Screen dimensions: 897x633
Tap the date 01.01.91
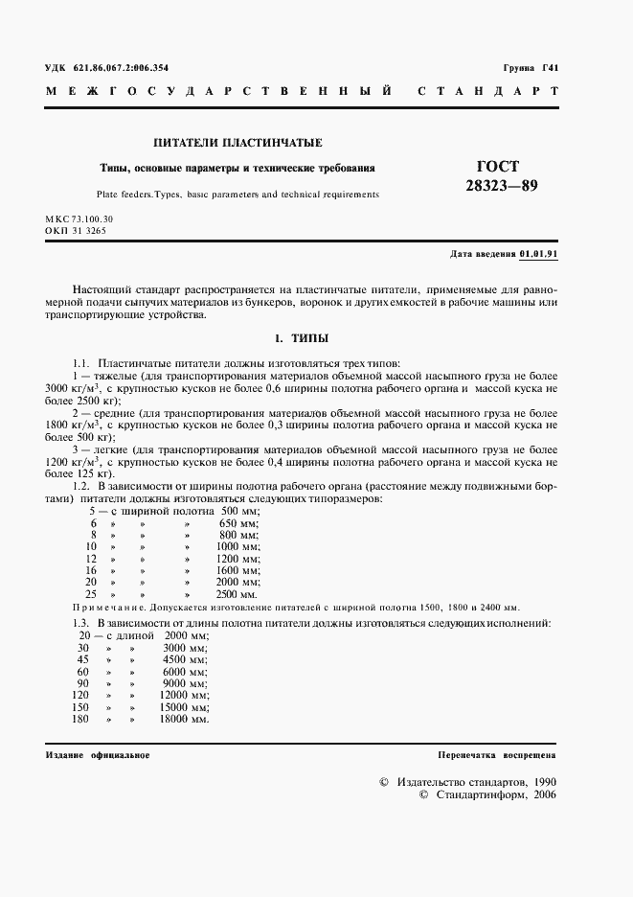(x=539, y=254)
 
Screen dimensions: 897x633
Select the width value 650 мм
(x=239, y=523)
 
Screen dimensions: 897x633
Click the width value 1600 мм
(x=237, y=569)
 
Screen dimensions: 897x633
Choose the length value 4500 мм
(x=184, y=659)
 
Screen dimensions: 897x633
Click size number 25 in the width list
(x=91, y=593)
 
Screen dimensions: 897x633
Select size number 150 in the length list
(x=80, y=706)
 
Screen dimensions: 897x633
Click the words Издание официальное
(x=98, y=755)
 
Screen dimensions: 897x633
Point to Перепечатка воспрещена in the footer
(x=496, y=755)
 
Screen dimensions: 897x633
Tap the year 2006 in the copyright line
(x=544, y=795)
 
